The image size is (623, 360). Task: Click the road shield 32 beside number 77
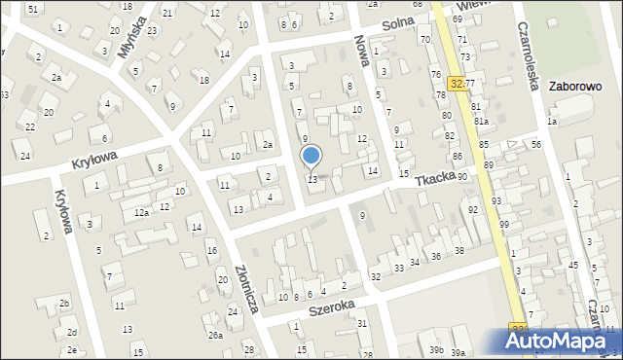456,85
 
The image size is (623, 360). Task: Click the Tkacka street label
434,181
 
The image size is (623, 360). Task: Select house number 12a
141,212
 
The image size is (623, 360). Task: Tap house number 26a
215,336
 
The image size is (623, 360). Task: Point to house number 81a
481,122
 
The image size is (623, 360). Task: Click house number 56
536,144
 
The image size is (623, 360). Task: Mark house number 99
504,225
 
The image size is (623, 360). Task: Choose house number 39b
437,350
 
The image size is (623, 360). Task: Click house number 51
33,9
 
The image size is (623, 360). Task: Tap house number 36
436,256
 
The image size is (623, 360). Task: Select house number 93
495,200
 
